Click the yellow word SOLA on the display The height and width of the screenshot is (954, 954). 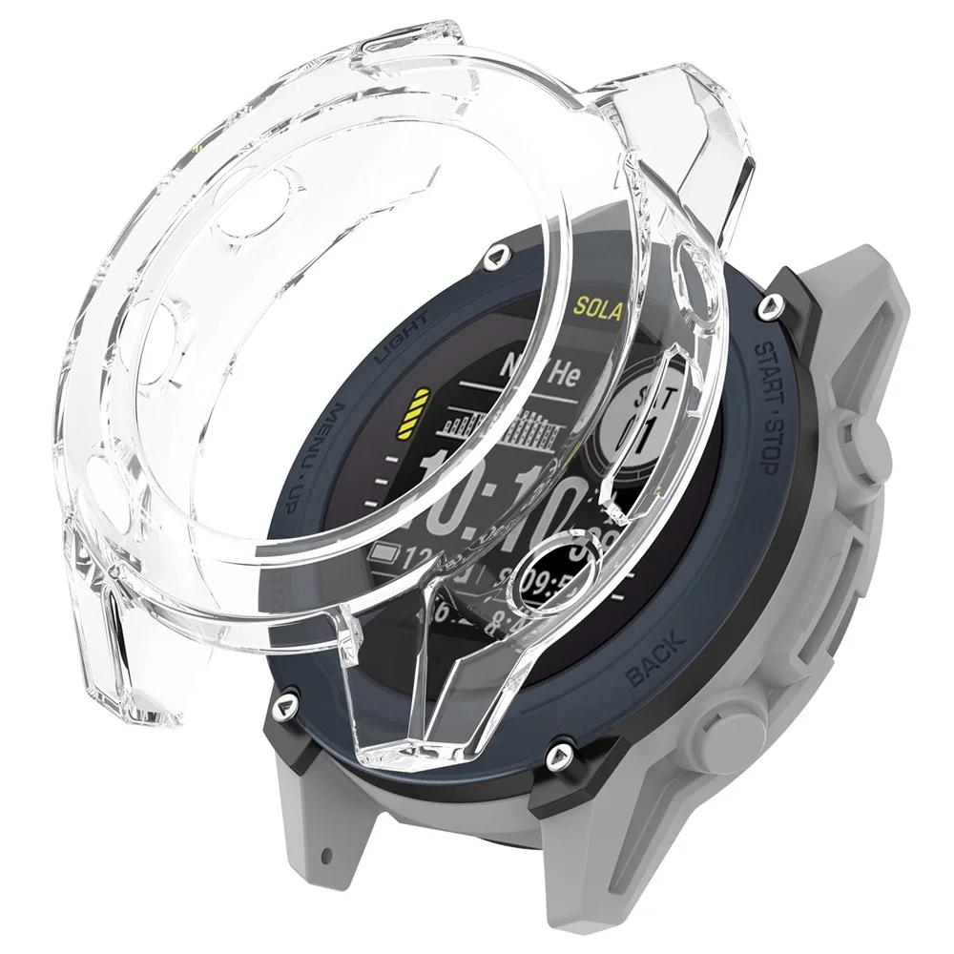598,310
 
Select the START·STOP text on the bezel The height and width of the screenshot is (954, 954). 772,405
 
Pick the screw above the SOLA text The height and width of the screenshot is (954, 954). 495,255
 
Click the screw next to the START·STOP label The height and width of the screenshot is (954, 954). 765,307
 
